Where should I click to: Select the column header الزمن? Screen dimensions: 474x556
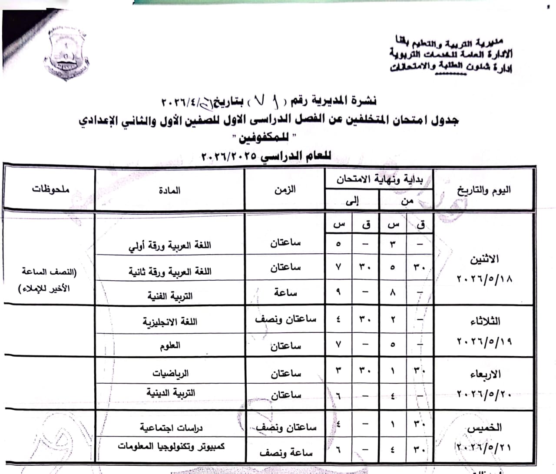tap(285, 189)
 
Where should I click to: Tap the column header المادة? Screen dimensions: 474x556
tap(169, 190)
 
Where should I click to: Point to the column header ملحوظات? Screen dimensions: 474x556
tap(50, 189)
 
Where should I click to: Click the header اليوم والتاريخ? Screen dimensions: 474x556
tap(483, 190)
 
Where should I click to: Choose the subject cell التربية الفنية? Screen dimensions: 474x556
tap(169, 296)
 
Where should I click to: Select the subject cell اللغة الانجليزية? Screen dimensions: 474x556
tap(169, 322)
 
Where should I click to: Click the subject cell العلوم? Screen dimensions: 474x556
tap(169, 346)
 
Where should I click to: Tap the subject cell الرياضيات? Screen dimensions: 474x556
tap(170, 373)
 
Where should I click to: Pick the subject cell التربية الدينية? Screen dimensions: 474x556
tap(170, 393)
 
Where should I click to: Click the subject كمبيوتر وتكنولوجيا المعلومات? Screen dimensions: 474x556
tap(172, 446)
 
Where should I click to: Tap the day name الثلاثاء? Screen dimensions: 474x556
tap(485, 322)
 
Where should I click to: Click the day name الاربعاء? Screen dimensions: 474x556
tap(485, 374)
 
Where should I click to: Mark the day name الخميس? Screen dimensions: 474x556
tap(484, 428)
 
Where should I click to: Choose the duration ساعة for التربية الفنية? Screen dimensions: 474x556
tap(285, 293)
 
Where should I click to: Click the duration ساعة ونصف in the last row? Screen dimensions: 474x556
tap(286, 453)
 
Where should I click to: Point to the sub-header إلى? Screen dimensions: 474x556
tap(352, 201)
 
